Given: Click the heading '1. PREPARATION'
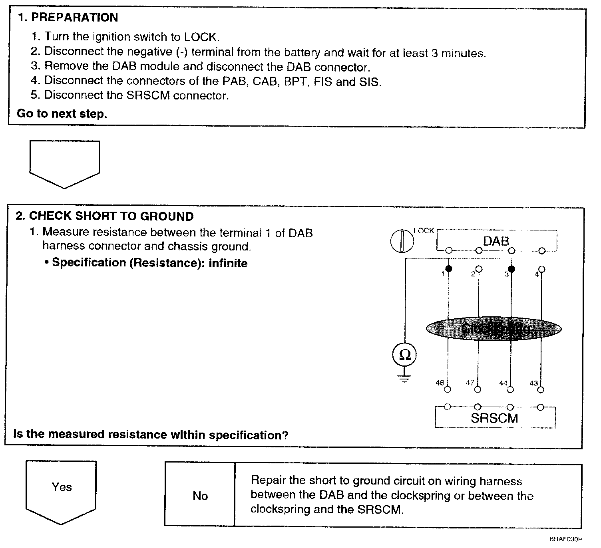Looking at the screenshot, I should pyautogui.click(x=68, y=18).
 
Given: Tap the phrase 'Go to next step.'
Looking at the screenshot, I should pyautogui.click(x=62, y=114).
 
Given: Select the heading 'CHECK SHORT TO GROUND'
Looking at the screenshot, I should pyautogui.click(x=111, y=216).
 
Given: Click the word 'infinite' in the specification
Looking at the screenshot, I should pyautogui.click(x=228, y=263).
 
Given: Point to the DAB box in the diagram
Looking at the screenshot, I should pyautogui.click(x=496, y=240).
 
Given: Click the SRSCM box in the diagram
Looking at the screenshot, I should pyautogui.click(x=494, y=418).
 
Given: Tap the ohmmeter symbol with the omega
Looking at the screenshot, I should pyautogui.click(x=405, y=355).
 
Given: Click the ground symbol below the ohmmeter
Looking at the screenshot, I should pyautogui.click(x=405, y=378).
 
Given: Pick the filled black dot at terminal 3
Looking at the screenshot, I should pyautogui.click(x=511, y=269).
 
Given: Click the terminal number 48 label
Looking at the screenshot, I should pyautogui.click(x=440, y=383).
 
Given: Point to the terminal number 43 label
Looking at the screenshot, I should pyautogui.click(x=533, y=383).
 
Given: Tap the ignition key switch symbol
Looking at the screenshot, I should pyautogui.click(x=402, y=241).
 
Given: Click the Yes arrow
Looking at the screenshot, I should pyautogui.click(x=61, y=489).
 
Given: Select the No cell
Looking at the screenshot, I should pyautogui.click(x=200, y=496).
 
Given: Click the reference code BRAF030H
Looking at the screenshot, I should pyautogui.click(x=565, y=539).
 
